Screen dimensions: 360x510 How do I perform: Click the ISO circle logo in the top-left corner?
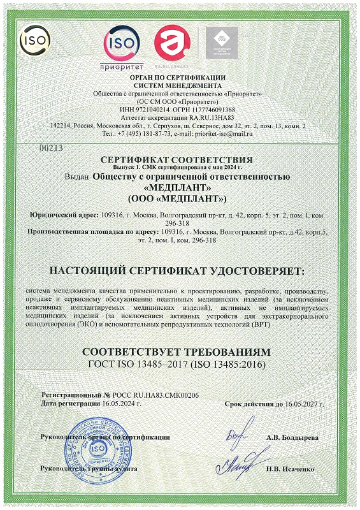click(32, 41)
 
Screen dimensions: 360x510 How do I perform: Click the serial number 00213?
click(48, 148)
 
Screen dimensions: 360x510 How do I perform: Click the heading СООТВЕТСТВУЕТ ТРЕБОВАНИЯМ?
click(180, 352)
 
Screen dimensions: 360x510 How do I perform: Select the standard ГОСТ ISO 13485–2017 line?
click(180, 364)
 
